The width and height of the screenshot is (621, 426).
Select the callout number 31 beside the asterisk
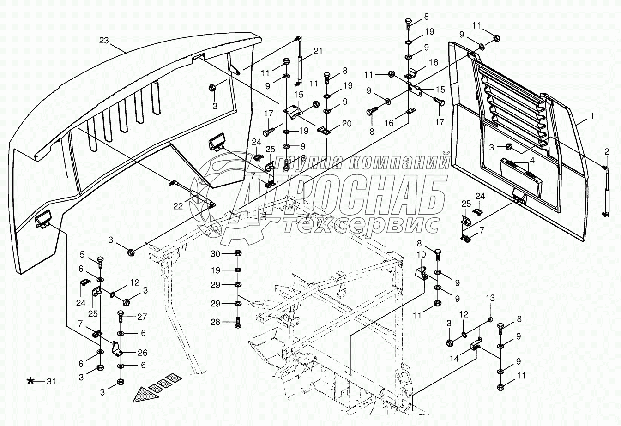51,381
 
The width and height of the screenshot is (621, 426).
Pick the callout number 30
216,253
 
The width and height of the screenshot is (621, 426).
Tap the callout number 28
216,322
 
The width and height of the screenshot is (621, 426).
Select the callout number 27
142,317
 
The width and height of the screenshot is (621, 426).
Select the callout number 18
433,62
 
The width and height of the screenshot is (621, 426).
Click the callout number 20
346,123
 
